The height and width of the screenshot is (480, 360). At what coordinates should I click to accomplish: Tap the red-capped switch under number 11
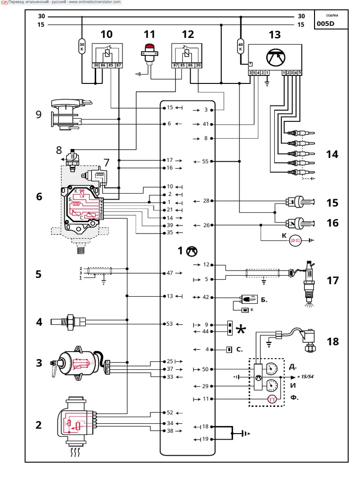[x=150, y=53]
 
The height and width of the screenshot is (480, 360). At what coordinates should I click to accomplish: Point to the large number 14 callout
[x=332, y=154]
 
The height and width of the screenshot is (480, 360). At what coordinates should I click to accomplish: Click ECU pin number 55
[x=205, y=161]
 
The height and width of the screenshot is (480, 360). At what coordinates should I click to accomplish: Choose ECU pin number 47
[x=170, y=273]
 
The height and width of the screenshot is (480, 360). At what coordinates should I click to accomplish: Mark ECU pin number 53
[x=170, y=323]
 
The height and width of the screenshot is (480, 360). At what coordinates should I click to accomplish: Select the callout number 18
[x=332, y=341]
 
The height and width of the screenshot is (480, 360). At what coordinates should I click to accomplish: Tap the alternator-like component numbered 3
[x=77, y=363]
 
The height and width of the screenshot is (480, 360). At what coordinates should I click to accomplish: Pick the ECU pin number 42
[x=205, y=297]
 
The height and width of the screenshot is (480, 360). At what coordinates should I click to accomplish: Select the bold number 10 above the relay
[x=106, y=34]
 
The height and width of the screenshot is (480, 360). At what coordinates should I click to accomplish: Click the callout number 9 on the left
[x=38, y=114]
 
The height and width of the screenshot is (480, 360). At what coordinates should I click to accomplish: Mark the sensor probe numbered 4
[x=70, y=321]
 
